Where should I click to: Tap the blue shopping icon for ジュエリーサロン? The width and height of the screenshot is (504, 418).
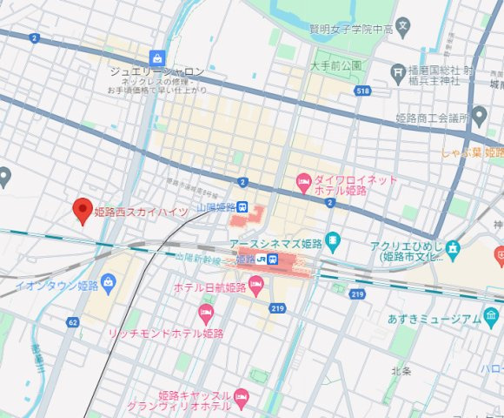click(x=157, y=57)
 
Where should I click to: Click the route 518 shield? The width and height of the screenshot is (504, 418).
click(x=363, y=91)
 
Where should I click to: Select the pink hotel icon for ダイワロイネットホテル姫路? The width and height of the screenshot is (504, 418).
click(x=303, y=183)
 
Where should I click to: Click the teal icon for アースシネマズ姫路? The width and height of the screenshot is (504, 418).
click(x=336, y=239)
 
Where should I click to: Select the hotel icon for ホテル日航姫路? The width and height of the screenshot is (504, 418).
click(x=255, y=286)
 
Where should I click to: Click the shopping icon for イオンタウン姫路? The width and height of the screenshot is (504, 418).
click(x=109, y=282)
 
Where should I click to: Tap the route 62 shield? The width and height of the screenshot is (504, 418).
click(x=72, y=322)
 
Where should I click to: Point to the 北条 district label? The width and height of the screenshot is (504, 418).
click(x=402, y=372)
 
